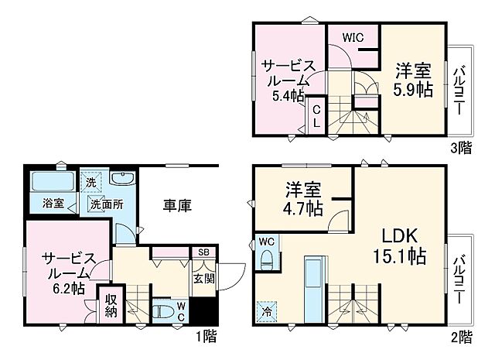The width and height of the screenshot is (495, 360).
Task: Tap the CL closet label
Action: (x=317, y=118)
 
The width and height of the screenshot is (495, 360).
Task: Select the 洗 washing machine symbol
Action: (x=92, y=183)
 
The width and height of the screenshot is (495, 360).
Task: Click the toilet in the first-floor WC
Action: (x=164, y=311)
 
